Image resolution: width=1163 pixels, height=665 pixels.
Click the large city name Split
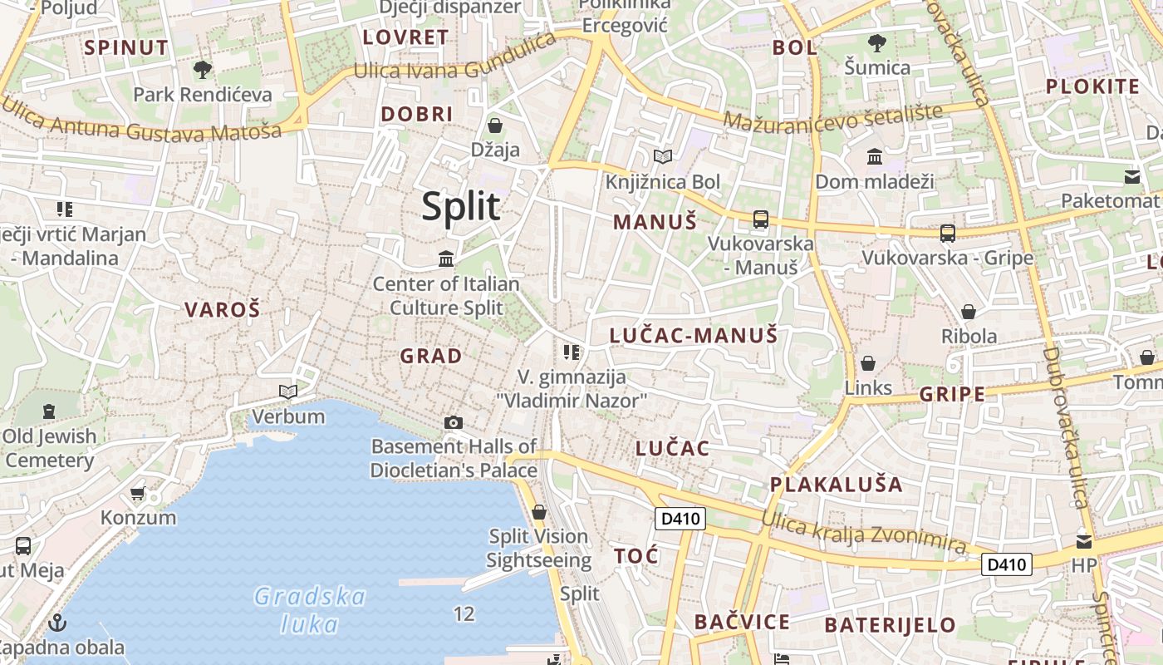tap(461, 206)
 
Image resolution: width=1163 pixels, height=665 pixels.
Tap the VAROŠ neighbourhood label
tap(222, 310)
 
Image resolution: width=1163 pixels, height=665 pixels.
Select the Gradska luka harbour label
tap(310, 610)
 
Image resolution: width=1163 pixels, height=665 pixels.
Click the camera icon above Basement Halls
tap(453, 422)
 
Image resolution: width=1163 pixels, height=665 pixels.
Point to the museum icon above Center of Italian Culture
tap(446, 259)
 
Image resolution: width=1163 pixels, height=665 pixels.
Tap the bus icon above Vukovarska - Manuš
tap(760, 219)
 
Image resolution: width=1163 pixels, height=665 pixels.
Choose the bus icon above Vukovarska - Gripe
tap(948, 234)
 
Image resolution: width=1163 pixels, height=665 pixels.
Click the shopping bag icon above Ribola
tap(969, 312)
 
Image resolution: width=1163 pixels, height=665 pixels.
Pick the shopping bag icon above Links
tap(868, 363)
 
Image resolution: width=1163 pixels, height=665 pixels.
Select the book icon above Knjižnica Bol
tap(662, 156)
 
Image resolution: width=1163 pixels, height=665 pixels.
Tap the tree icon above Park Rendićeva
tap(202, 69)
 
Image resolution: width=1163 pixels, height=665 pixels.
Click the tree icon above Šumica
tap(876, 42)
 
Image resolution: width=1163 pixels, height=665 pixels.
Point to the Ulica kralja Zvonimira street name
tap(865, 533)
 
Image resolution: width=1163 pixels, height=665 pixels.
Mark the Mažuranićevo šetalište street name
tap(833, 117)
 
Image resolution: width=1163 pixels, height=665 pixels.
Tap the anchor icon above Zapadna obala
tap(57, 622)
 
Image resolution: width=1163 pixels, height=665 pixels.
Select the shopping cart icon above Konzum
tap(138, 493)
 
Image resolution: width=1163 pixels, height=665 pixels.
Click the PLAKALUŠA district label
tap(836, 484)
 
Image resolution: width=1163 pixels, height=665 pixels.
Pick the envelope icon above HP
tap(1084, 542)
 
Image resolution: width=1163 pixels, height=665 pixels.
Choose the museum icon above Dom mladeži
tap(875, 156)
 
